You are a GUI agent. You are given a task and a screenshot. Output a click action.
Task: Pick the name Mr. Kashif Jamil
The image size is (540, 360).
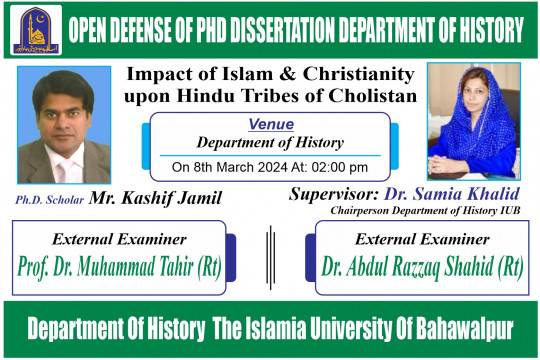coord(155,198)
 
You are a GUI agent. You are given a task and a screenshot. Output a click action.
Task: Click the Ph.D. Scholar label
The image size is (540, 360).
coord(49,200)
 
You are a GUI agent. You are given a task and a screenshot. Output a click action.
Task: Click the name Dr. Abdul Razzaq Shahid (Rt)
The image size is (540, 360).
coord(424,266)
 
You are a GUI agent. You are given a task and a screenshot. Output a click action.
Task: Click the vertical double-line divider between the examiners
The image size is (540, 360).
coord(269,256)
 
